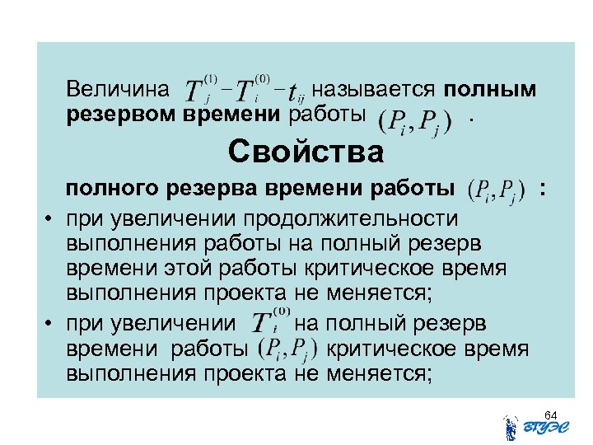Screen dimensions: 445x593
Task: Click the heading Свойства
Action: coord(306,152)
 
